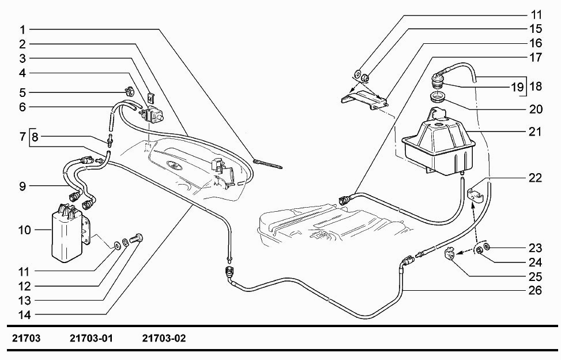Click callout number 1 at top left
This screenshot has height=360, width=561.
tap(21, 29)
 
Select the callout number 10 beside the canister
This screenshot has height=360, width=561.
tap(24, 230)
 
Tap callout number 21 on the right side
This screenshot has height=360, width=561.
tap(536, 132)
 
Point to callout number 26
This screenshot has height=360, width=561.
tap(536, 290)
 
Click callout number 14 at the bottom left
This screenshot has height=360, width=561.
tap(24, 314)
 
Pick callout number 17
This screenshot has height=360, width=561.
tap(536, 57)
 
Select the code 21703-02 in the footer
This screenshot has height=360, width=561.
tap(164, 337)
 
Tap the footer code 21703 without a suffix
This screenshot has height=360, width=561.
tap(24, 337)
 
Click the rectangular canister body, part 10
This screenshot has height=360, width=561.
tap(65, 237)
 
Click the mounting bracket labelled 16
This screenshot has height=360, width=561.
tap(363, 98)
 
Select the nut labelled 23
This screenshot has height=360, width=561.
tap(486, 247)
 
